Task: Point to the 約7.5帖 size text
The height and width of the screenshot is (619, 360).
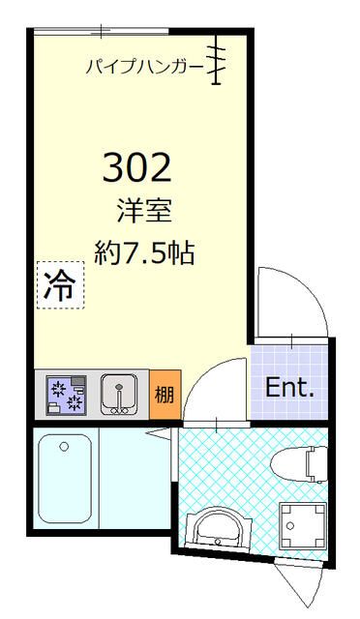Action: coord(144,253)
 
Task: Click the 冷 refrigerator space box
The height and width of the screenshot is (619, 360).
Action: coord(60,284)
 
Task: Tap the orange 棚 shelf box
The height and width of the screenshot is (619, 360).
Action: coord(165,395)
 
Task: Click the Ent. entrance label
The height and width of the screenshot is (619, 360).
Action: coord(290,389)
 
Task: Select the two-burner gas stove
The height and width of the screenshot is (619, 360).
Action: coord(67,395)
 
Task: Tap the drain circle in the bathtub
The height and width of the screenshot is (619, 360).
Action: coord(64,447)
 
